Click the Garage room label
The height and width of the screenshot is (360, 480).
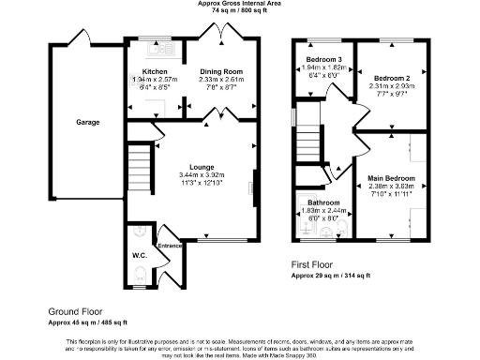point(88,122)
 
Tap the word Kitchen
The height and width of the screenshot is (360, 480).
point(155,71)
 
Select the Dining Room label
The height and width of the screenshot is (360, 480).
point(222,71)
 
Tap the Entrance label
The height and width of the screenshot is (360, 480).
point(169,246)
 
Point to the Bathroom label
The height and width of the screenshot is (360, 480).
point(322,203)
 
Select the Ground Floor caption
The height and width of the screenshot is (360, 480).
point(76,310)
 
